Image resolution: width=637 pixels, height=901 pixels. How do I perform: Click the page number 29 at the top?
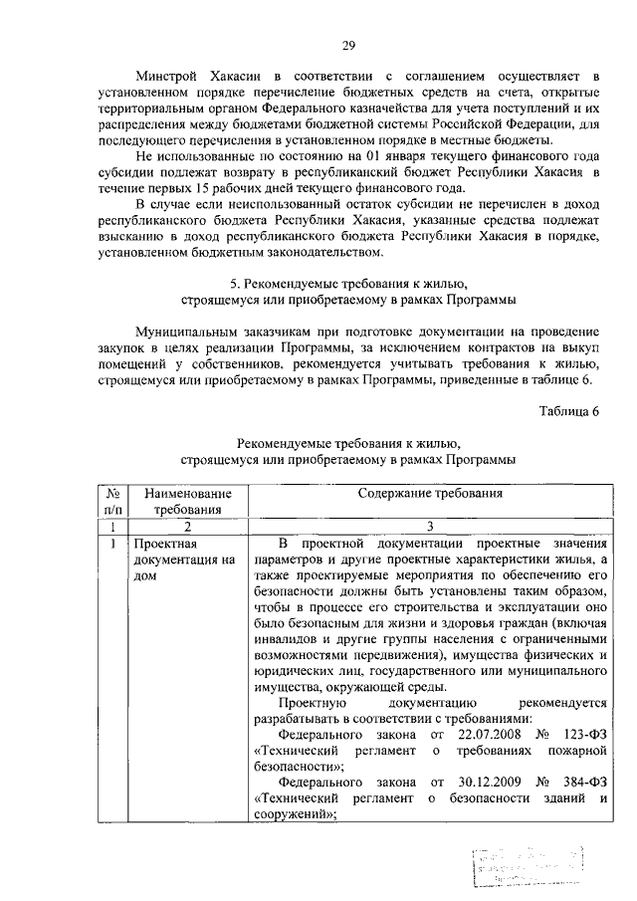(349, 44)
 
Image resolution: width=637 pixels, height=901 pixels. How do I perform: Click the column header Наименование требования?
(187, 502)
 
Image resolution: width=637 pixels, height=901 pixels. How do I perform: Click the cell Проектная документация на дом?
(184, 561)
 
